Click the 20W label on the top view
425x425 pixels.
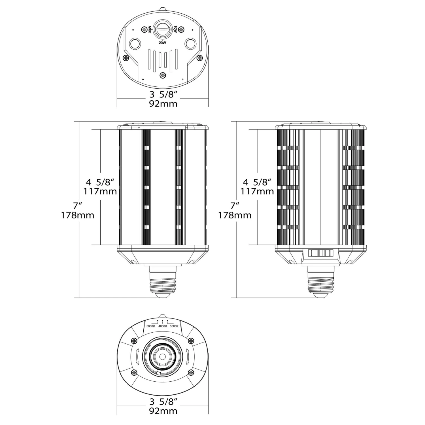pos(162,43)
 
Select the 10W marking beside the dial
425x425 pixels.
pos(175,29)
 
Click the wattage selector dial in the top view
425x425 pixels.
pos(163,29)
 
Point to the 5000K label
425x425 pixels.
pos(151,326)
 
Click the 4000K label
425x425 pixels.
pos(163,326)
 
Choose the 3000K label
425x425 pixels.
pos(174,326)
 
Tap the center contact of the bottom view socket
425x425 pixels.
pos(163,356)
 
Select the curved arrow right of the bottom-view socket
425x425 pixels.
pos(187,357)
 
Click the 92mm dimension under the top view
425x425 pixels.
pos(163,104)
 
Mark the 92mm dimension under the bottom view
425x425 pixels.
pos(163,411)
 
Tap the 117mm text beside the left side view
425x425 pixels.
pos(100,192)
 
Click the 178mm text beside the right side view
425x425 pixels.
pos(235,215)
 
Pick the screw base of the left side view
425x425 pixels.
pos(163,283)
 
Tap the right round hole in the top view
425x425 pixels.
pos(190,44)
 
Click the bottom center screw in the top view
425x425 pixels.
pos(163,75)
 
